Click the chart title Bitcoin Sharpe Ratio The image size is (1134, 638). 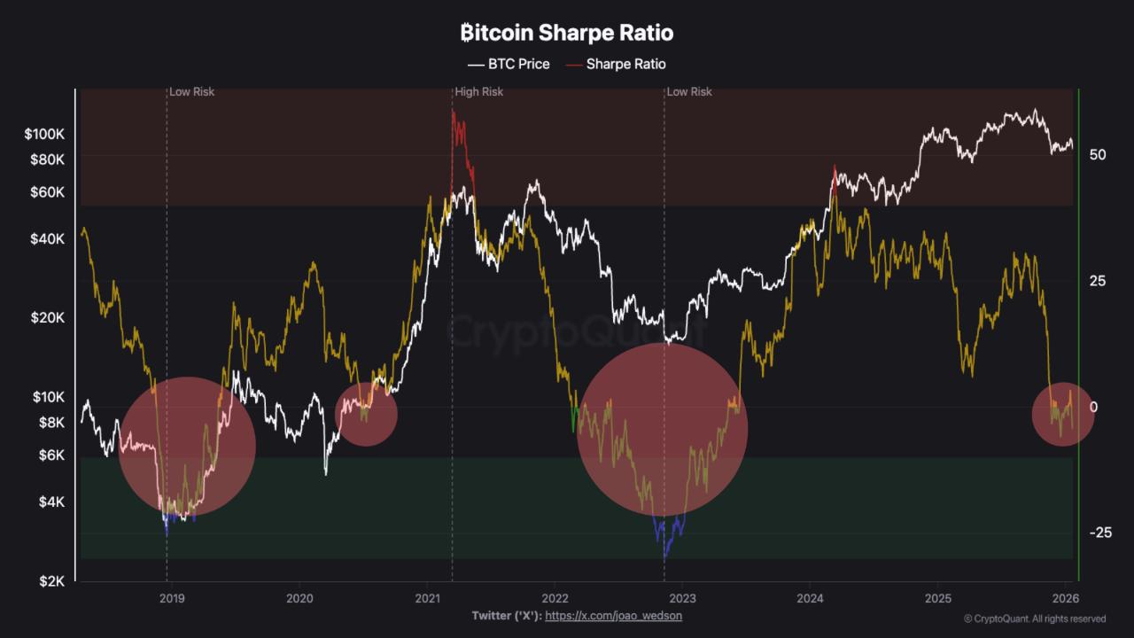[567, 34]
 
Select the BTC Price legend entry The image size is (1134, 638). [509, 64]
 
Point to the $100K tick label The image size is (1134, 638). [45, 135]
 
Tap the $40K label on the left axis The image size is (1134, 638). [49, 239]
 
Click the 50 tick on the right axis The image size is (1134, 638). [1098, 154]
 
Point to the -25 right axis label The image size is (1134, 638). [1100, 533]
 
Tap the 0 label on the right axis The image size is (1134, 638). [1093, 407]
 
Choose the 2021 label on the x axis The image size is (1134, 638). [428, 598]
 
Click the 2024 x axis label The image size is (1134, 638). [810, 598]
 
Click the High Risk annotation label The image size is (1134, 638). [479, 92]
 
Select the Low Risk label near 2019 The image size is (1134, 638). [192, 92]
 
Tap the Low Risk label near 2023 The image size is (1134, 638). [689, 92]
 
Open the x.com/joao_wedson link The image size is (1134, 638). [613, 615]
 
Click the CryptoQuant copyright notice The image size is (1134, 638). [1035, 619]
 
